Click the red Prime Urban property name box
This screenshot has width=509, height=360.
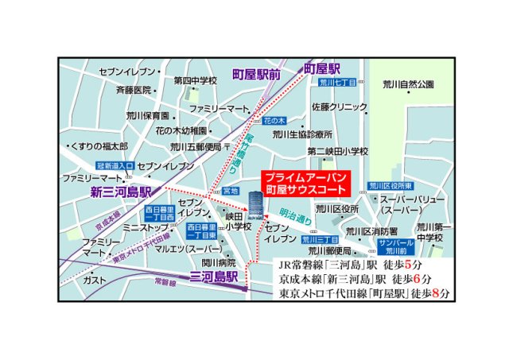pyautogui.click(x=305, y=184)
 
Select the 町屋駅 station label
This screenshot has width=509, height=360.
pyautogui.click(x=322, y=69)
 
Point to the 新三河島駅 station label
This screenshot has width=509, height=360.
pyautogui.click(x=119, y=192)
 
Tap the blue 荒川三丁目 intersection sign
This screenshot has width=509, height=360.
pyautogui.click(x=321, y=238)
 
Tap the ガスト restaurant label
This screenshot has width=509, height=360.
pyautogui.click(x=95, y=280)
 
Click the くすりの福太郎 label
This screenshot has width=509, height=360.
pyautogui.click(x=99, y=146)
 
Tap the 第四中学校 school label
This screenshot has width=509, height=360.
pyautogui.click(x=196, y=80)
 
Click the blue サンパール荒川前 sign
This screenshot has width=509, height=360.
pyautogui.click(x=395, y=246)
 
